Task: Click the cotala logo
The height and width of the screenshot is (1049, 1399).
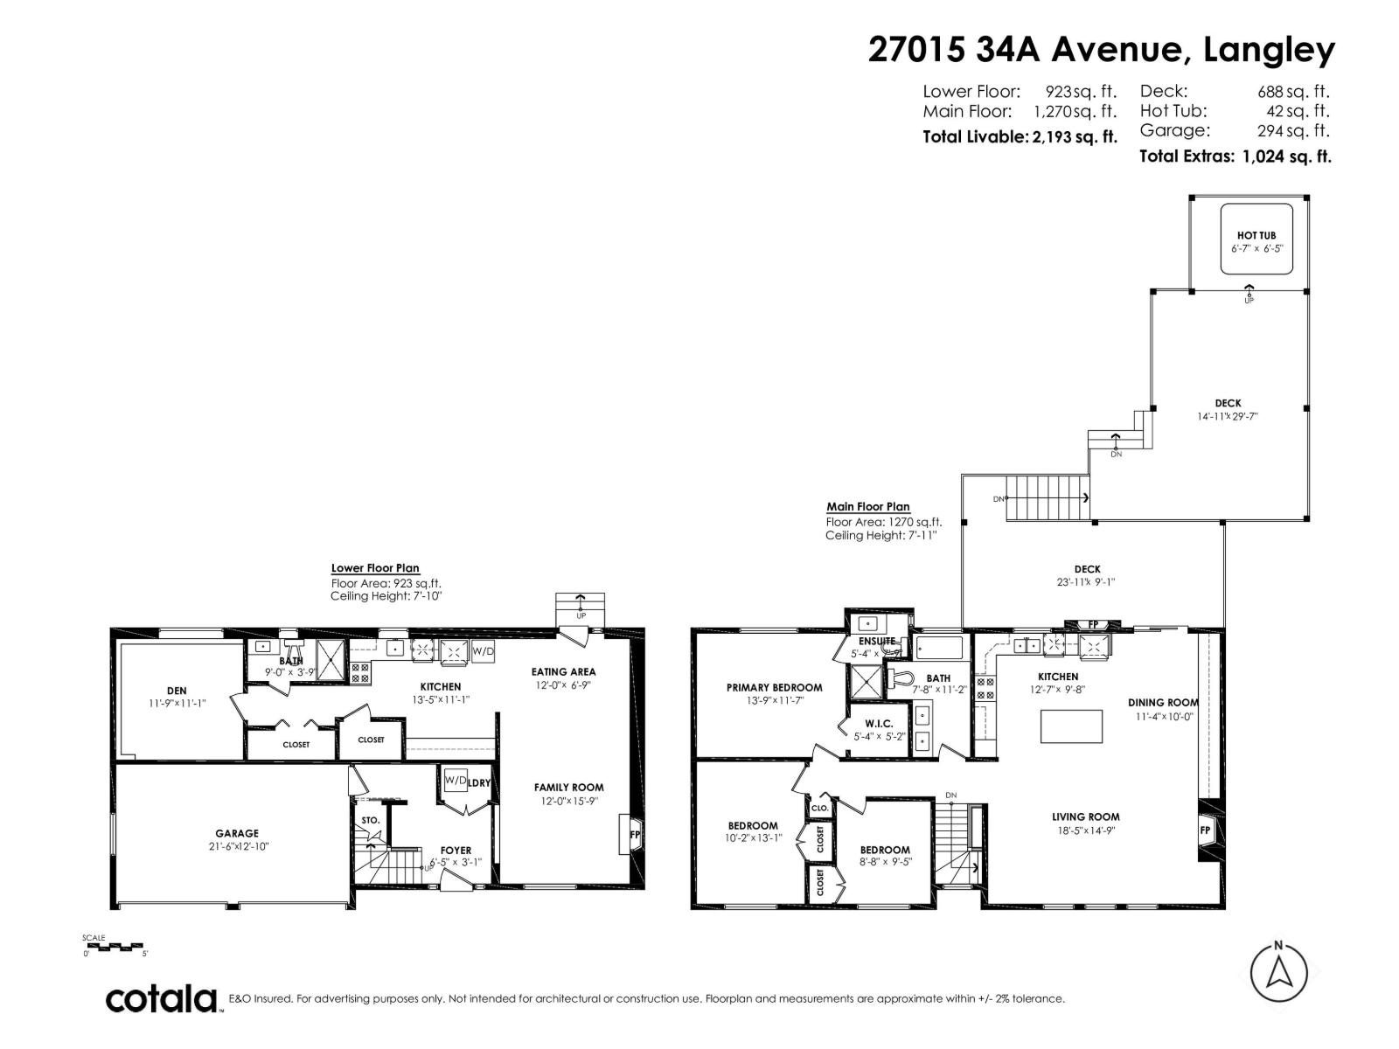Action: pos(162,998)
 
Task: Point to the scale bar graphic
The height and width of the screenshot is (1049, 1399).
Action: pos(113,946)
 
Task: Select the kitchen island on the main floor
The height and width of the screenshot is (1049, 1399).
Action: pos(1072,726)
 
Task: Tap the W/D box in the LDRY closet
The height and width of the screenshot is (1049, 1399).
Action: pos(455,781)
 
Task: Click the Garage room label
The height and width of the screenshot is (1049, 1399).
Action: pos(237,833)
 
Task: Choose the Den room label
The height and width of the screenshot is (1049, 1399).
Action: pos(177,691)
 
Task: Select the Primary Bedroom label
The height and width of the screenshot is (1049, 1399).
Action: pos(774,687)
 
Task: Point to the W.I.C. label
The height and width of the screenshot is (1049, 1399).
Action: pos(879,723)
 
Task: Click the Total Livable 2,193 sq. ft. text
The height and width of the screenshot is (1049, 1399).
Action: pos(1020,137)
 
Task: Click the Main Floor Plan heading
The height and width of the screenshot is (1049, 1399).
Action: pos(867,506)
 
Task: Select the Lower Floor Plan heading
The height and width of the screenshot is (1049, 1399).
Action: pos(374,568)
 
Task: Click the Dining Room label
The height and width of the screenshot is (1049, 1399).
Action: pos(1163,702)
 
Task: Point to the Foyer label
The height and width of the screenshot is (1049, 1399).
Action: pos(456,850)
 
